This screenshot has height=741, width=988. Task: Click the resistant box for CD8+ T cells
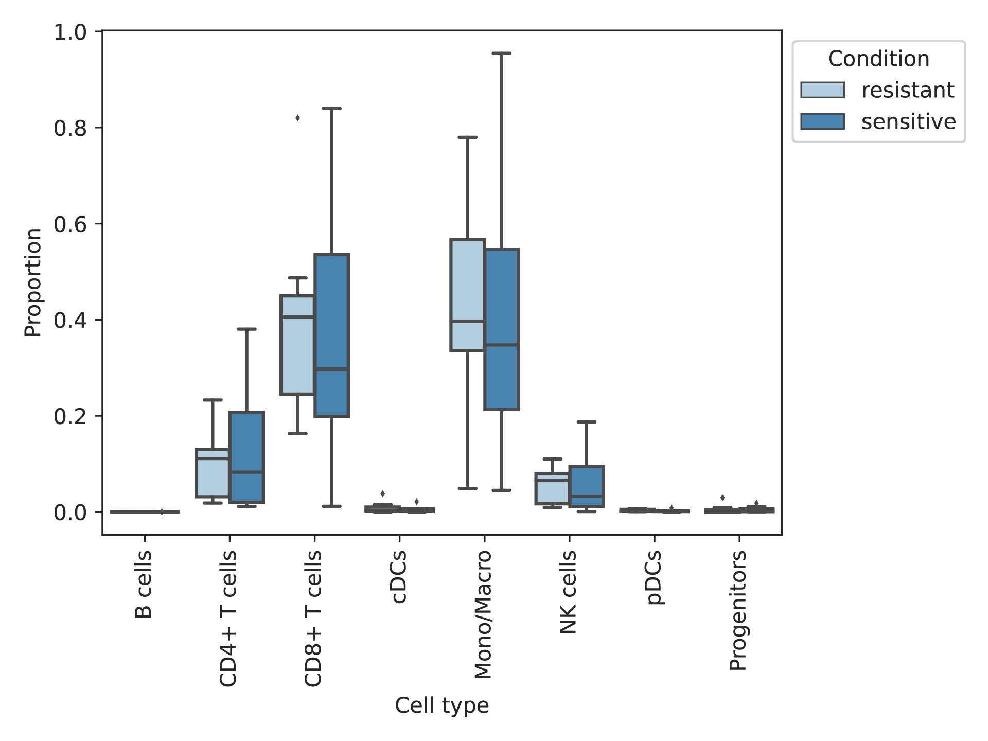click(x=297, y=345)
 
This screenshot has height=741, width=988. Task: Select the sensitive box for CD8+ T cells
click(x=331, y=335)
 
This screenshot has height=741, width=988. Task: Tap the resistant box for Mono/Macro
click(x=468, y=295)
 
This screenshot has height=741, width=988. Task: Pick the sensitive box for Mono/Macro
click(x=502, y=329)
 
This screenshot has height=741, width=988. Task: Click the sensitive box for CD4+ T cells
click(x=246, y=457)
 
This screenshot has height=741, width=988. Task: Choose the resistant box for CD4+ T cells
click(x=213, y=473)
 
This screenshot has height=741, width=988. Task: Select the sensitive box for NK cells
click(x=587, y=486)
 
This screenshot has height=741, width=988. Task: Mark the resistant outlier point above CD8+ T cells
click(x=297, y=118)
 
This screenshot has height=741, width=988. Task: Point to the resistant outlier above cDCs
click(x=382, y=494)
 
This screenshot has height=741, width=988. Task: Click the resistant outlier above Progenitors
click(x=722, y=498)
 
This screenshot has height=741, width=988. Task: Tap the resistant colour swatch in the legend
click(x=822, y=90)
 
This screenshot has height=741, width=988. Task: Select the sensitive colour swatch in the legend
click(x=822, y=121)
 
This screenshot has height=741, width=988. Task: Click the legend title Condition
click(x=878, y=59)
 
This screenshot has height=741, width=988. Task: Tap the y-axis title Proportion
click(x=33, y=283)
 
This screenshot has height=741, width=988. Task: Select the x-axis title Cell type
click(x=442, y=705)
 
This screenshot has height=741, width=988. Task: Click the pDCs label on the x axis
click(x=654, y=577)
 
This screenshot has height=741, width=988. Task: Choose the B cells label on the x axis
click(x=144, y=584)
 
